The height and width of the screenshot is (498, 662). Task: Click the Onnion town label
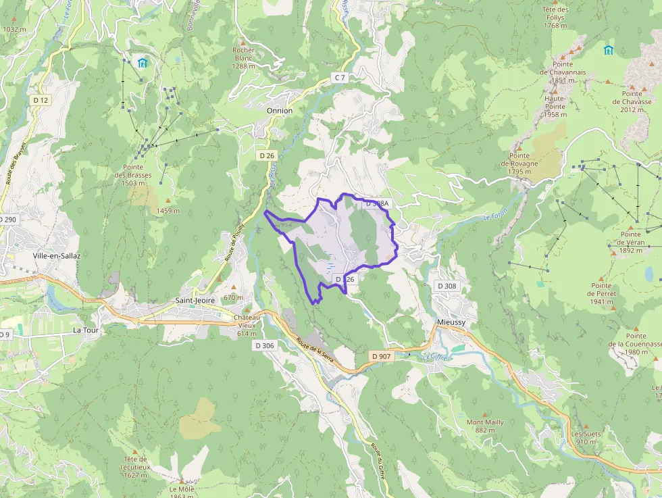pos(280,110)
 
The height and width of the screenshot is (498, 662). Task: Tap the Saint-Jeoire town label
pos(195,301)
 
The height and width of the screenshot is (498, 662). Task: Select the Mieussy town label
pos(451,322)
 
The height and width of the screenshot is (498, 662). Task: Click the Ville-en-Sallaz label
pos(57,256)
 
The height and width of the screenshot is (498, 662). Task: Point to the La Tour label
pos(86,330)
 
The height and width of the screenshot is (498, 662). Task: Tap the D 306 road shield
pos(265,345)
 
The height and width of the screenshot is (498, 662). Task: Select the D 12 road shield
pos(41,100)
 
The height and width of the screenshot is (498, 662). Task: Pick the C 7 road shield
pos(340,78)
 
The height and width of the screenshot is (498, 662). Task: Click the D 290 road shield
pos(8,220)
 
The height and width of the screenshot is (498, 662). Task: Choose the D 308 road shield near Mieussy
pos(447,286)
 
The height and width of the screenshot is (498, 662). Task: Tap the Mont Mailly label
pos(485,426)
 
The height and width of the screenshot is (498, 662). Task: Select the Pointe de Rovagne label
pos(519,168)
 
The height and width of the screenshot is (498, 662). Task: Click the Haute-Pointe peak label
pos(555,106)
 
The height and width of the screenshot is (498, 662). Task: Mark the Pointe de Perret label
pos(601,297)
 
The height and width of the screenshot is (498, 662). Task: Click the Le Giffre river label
pos(436,356)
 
